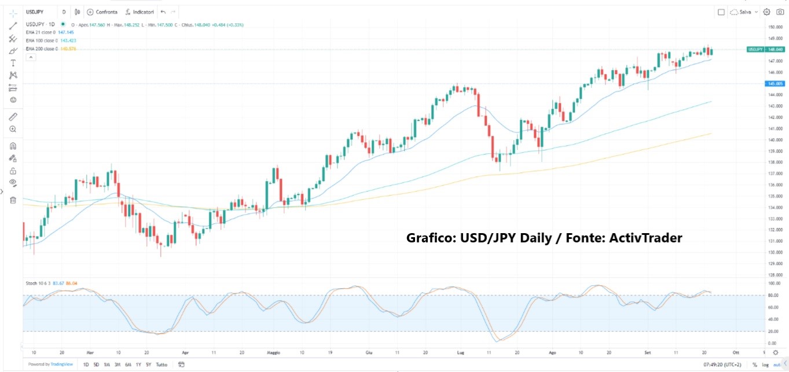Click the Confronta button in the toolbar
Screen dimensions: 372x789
pyautogui.click(x=102, y=12)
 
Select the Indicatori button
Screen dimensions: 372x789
pyautogui.click(x=140, y=12)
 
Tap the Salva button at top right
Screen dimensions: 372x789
pyautogui.click(x=744, y=12)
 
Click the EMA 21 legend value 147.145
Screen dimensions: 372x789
pyautogui.click(x=66, y=32)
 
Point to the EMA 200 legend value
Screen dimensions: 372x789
pyautogui.click(x=68, y=49)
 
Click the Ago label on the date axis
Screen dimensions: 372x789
pyautogui.click(x=552, y=352)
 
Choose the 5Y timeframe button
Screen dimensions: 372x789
pyautogui.click(x=148, y=364)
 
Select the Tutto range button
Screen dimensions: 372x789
pyautogui.click(x=162, y=364)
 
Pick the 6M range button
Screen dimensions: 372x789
pyautogui.click(x=127, y=364)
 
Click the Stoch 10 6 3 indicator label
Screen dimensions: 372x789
pyautogui.click(x=38, y=283)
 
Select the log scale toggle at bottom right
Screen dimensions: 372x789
pyautogui.click(x=765, y=364)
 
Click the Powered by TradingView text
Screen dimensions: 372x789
pyautogui.click(x=51, y=364)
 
